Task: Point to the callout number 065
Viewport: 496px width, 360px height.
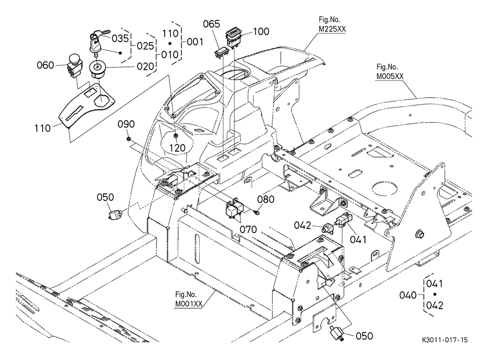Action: tap(212, 24)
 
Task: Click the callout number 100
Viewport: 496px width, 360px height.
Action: tap(261, 31)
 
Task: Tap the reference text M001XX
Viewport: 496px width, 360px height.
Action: tap(189, 303)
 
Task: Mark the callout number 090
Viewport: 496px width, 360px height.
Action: tap(126, 124)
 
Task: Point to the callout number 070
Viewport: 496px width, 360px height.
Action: tap(248, 229)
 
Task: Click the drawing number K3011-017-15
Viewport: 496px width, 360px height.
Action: tap(445, 341)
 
